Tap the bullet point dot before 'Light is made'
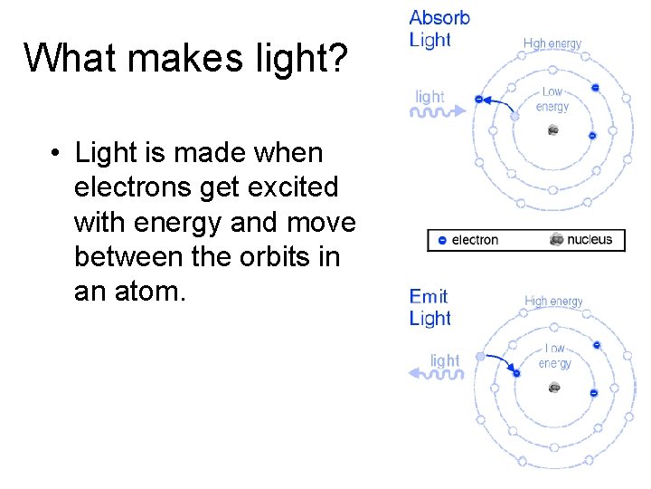click(x=56, y=153)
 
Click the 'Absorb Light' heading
click(x=439, y=29)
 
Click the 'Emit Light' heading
click(x=430, y=307)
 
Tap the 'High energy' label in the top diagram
click(x=552, y=43)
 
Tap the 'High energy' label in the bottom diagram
click(x=553, y=302)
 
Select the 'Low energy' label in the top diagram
click(x=552, y=99)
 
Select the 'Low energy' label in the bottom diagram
click(x=554, y=356)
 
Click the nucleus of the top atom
click(x=552, y=130)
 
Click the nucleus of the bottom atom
click(x=553, y=388)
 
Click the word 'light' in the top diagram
click(x=429, y=96)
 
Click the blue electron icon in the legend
click(x=441, y=240)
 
